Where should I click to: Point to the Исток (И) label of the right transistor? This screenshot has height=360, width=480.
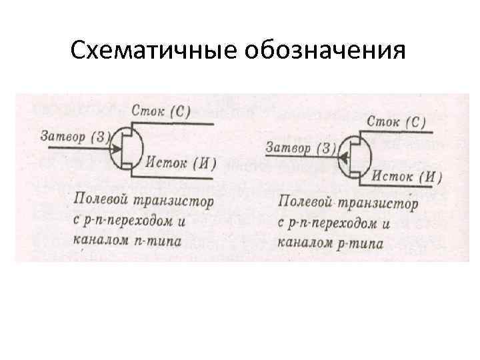coord(407,177)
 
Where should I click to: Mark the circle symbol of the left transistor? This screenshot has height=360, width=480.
coord(128,147)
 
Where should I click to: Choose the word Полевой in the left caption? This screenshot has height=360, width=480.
coord(100,199)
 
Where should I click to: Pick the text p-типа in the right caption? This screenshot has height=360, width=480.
coord(363,244)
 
